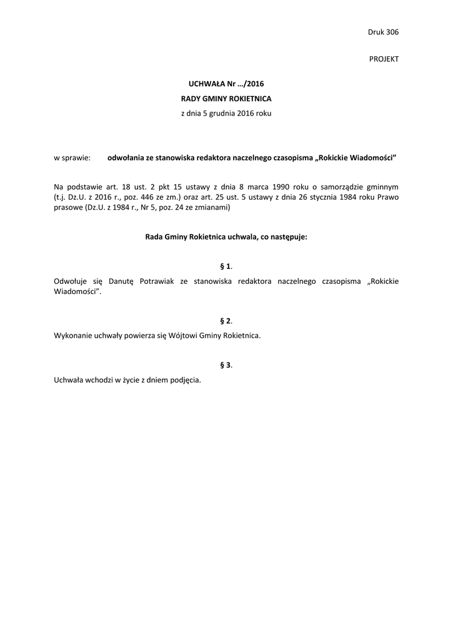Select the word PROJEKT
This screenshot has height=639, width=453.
[384, 59]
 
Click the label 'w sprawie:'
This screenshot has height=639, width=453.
[72, 159]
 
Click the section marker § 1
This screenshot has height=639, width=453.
[226, 266]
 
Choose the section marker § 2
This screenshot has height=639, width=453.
[226, 321]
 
